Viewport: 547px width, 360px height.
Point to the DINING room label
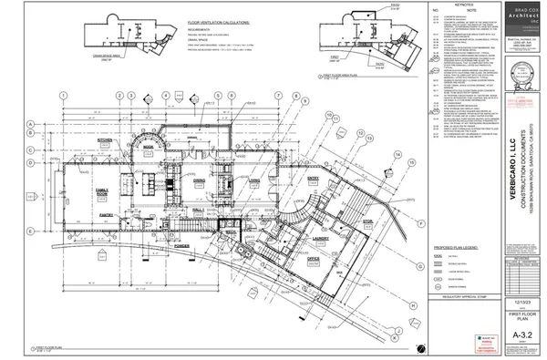[x=198, y=180]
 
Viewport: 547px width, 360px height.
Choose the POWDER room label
[x=181, y=244]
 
